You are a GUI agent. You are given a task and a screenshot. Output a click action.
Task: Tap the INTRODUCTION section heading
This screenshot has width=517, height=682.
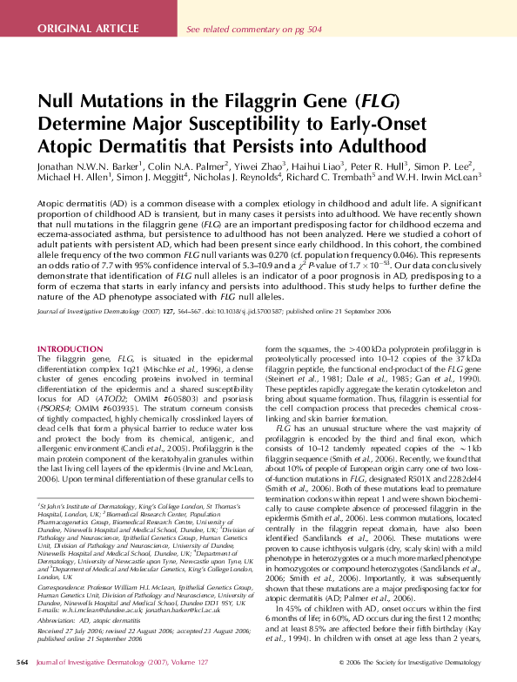click(x=70, y=349)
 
